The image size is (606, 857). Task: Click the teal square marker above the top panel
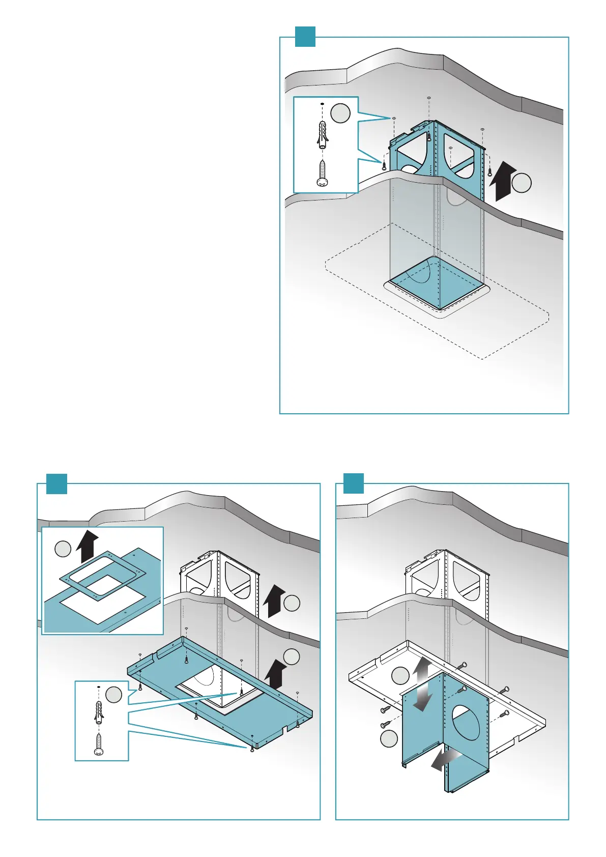tap(305, 37)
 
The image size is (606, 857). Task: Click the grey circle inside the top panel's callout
tap(340, 113)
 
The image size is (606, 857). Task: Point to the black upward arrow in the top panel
tap(502, 181)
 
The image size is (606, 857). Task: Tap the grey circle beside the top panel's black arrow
tap(522, 183)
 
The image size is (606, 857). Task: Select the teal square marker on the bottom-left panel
tap(56, 483)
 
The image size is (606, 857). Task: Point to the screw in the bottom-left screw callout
tap(99, 744)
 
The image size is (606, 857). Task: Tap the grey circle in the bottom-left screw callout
tap(113, 694)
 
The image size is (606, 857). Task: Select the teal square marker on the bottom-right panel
tap(354, 483)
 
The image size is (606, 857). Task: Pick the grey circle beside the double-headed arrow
tap(400, 676)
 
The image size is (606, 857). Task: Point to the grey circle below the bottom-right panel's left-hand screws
tap(389, 738)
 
